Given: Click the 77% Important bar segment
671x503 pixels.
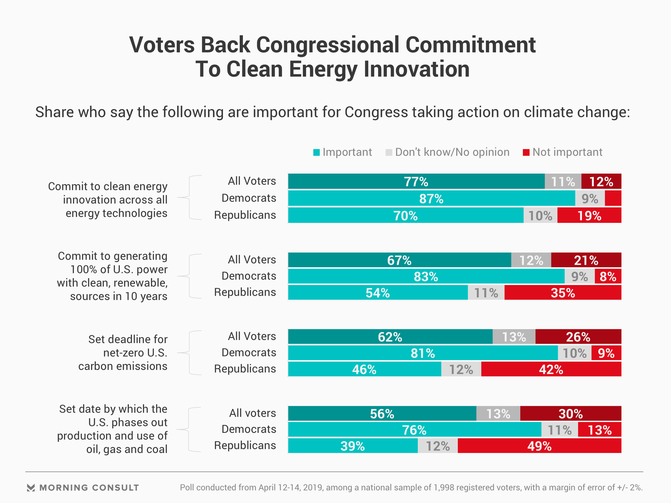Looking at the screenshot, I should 416,181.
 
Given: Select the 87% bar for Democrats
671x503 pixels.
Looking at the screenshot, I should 431,198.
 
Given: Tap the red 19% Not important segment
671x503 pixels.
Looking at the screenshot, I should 589,216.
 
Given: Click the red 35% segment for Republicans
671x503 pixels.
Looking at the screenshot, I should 563,293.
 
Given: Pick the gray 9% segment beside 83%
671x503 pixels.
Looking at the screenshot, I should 579,276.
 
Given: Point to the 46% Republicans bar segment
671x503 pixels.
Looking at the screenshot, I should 364,369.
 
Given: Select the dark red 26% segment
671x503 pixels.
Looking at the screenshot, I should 578,337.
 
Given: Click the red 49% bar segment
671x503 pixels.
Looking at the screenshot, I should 539,446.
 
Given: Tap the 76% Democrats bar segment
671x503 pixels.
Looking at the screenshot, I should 414,430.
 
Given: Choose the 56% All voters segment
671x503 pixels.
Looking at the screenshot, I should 382,414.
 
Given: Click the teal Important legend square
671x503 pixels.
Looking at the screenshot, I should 317,153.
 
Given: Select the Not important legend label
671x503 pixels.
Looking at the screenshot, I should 567,152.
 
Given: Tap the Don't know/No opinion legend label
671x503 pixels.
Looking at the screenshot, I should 452,152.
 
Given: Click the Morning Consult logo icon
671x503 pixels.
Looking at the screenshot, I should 31,488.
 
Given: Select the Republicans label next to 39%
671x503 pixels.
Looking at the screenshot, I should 245,446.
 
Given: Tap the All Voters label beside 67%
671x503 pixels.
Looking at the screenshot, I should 252,260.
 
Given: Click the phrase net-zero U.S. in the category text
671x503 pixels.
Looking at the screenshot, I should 135,353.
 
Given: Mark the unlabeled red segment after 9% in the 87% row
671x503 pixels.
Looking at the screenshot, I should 613,198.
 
